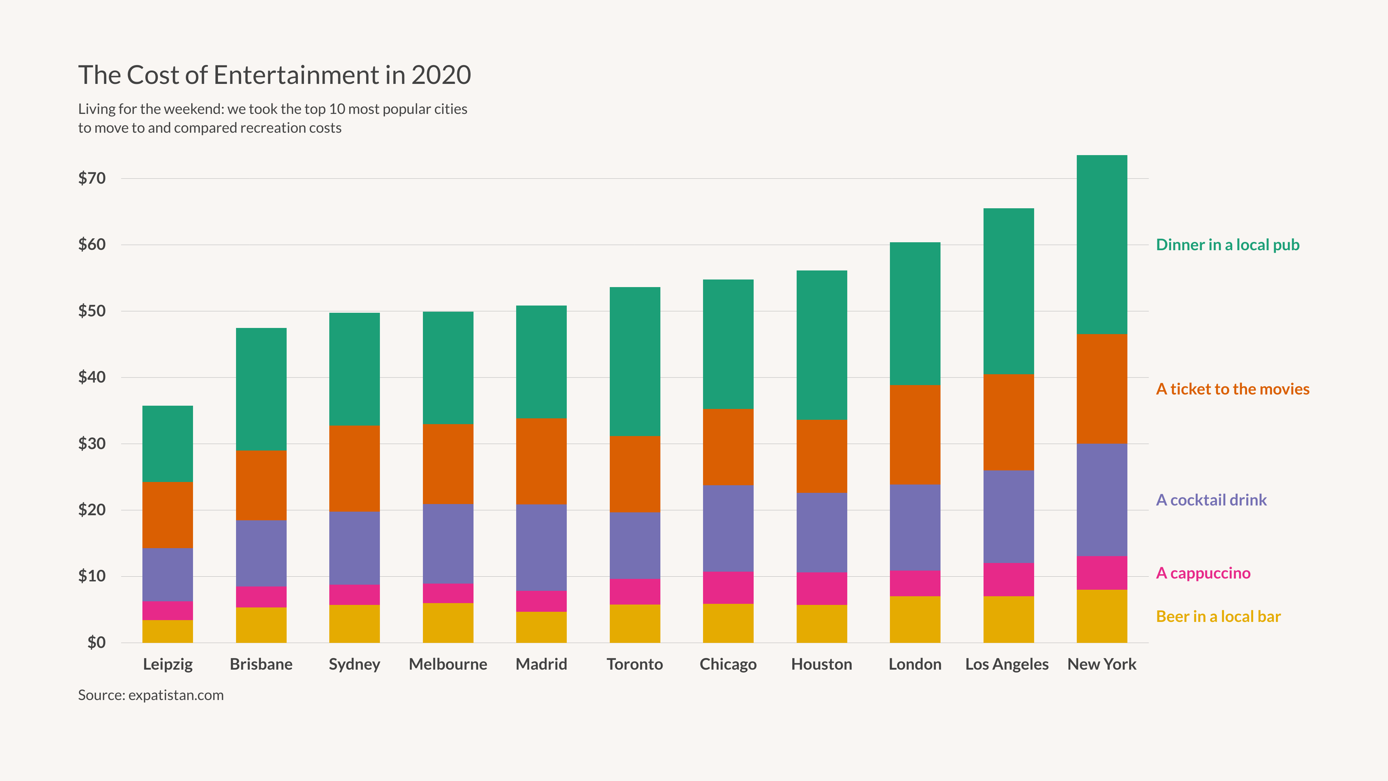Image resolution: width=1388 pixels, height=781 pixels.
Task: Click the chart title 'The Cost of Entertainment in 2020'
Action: click(274, 75)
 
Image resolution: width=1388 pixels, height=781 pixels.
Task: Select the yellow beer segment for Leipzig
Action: click(168, 631)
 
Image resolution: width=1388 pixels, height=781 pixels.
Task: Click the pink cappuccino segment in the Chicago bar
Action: click(728, 588)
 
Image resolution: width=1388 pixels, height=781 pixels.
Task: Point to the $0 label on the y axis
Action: click(97, 643)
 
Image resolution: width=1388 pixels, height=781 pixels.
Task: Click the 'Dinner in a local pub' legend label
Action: click(1228, 245)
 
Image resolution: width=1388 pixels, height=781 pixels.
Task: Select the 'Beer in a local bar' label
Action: click(1218, 616)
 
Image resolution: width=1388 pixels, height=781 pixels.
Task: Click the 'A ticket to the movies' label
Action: click(1232, 389)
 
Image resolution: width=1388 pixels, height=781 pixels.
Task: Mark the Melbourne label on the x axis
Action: click(448, 664)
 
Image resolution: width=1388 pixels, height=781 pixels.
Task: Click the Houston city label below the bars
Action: click(821, 664)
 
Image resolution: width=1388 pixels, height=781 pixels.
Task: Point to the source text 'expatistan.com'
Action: click(176, 695)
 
